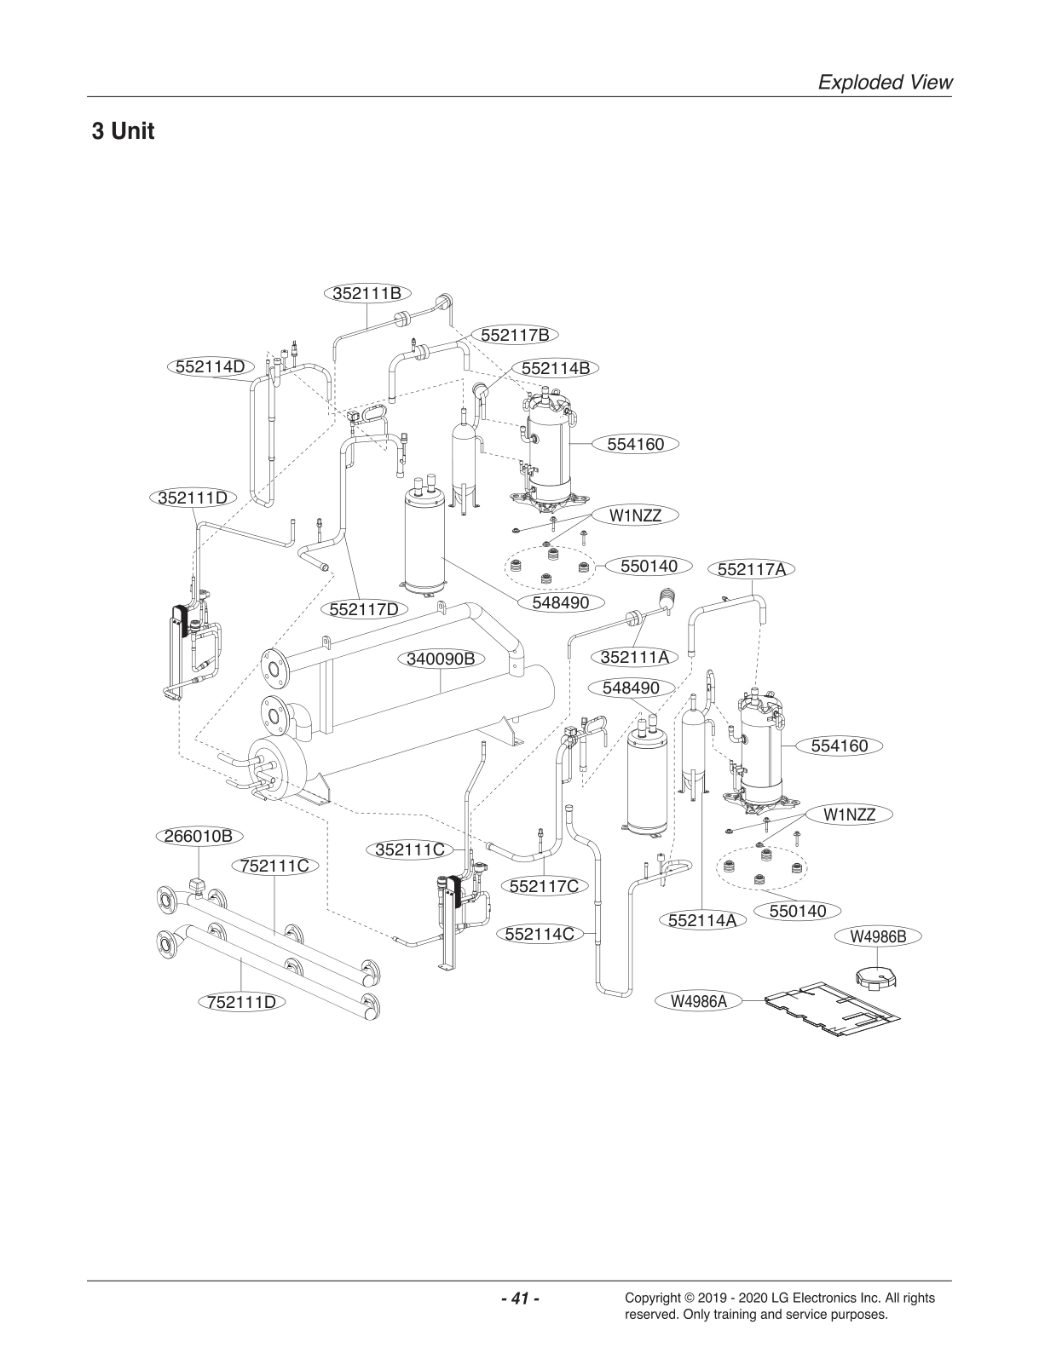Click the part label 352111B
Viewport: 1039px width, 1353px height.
[367, 293]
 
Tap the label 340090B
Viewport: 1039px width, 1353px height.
[440, 659]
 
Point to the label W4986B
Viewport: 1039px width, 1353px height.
[877, 936]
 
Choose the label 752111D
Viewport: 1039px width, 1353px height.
[242, 1001]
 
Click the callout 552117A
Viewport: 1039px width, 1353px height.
[751, 569]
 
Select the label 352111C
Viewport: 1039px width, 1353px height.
[411, 849]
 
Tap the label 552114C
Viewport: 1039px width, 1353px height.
[539, 933]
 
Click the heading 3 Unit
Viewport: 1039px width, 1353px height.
[123, 132]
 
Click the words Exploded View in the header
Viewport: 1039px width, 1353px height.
[884, 82]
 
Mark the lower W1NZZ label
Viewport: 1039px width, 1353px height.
[849, 815]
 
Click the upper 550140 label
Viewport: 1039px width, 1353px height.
[649, 566]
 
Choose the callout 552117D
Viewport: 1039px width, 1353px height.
[364, 609]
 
